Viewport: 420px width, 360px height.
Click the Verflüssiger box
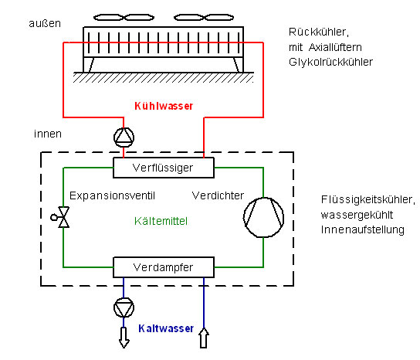click(164, 168)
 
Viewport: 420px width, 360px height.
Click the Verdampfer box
click(164, 267)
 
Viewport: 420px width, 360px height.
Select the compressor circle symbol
click(263, 217)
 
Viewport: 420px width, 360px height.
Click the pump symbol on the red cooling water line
click(124, 138)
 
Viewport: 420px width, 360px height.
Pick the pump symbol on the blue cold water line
click(124, 307)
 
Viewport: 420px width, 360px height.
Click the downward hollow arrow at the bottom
click(124, 338)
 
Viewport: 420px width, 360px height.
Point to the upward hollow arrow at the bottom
click(204, 338)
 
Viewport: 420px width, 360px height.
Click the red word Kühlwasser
click(164, 106)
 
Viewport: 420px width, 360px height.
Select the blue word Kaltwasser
click(166, 328)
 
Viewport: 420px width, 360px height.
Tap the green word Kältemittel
click(161, 221)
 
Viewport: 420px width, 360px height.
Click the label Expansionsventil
click(112, 196)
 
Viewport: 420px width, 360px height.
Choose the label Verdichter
click(218, 195)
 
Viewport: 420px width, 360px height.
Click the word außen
click(45, 23)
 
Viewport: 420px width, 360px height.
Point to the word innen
click(48, 134)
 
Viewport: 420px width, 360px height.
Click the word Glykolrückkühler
click(330, 63)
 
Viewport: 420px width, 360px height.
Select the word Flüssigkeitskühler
click(368, 200)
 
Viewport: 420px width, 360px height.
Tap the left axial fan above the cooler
click(124, 18)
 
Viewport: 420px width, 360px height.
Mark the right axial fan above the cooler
click(204, 18)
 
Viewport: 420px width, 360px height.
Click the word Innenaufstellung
click(363, 229)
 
